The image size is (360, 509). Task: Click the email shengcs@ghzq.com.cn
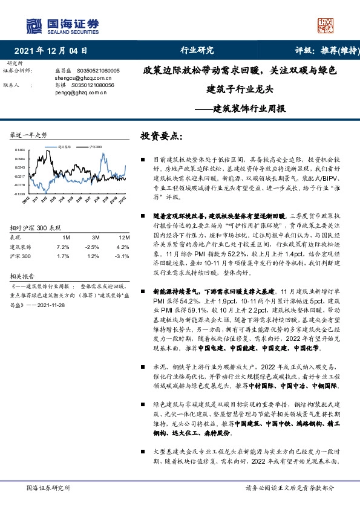tap(76, 78)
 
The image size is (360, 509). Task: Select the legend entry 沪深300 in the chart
tap(95, 146)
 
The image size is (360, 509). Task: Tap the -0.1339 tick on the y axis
tap(19, 195)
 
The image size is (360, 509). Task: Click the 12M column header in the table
tap(121, 238)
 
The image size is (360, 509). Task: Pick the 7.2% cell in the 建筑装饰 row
tap(63, 247)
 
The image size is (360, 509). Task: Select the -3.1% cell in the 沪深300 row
tap(121, 257)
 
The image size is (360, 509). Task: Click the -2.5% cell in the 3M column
tap(92, 247)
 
